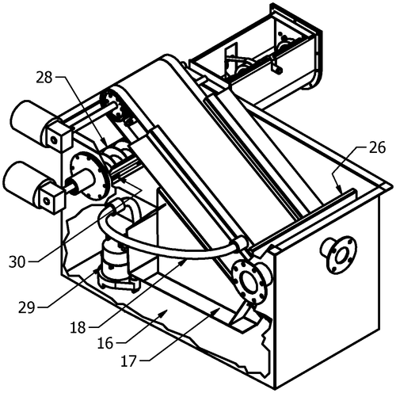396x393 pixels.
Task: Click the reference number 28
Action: tap(44, 78)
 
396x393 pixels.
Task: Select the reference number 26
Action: tap(378, 147)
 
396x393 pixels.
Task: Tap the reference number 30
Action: tap(17, 262)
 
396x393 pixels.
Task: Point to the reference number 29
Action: tap(27, 307)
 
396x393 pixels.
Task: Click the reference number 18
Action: tap(78, 328)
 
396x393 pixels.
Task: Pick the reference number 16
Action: tap(105, 344)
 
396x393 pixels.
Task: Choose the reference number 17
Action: tap(129, 361)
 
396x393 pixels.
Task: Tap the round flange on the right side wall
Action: tap(338, 254)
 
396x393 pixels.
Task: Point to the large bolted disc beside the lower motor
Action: tap(90, 174)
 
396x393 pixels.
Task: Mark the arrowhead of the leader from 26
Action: tap(340, 189)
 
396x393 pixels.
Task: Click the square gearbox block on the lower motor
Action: tap(51, 196)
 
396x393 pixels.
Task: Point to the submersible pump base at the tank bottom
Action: tap(118, 280)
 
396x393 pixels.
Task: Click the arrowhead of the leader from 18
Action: tap(184, 261)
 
